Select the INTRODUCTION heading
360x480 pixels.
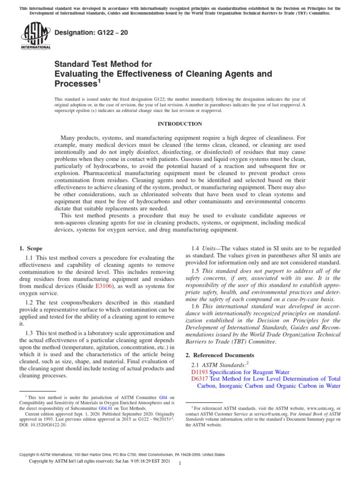[x=180, y=124]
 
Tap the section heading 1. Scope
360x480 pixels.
[x=31, y=248]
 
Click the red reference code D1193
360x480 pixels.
[x=200, y=371]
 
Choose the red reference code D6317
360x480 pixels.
[x=200, y=379]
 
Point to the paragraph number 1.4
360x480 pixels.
[x=197, y=248]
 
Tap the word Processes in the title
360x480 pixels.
[x=75, y=84]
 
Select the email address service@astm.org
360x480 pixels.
[x=281, y=414]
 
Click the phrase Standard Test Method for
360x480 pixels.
[x=103, y=63]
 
